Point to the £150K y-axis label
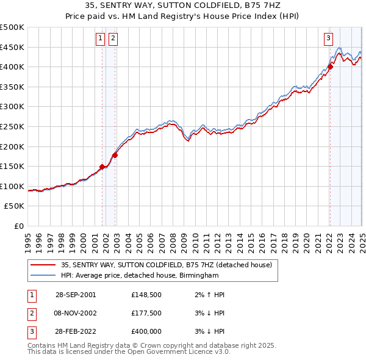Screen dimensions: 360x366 pos(12,166)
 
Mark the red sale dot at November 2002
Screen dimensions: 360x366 pos(115,155)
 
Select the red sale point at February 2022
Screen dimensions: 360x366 pos(330,67)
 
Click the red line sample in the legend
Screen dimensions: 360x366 pos(44,265)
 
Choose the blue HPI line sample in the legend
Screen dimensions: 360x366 pos(44,276)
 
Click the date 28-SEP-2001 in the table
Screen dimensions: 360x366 pos(76,294)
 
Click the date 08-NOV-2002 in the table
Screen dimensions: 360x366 pos(76,314)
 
